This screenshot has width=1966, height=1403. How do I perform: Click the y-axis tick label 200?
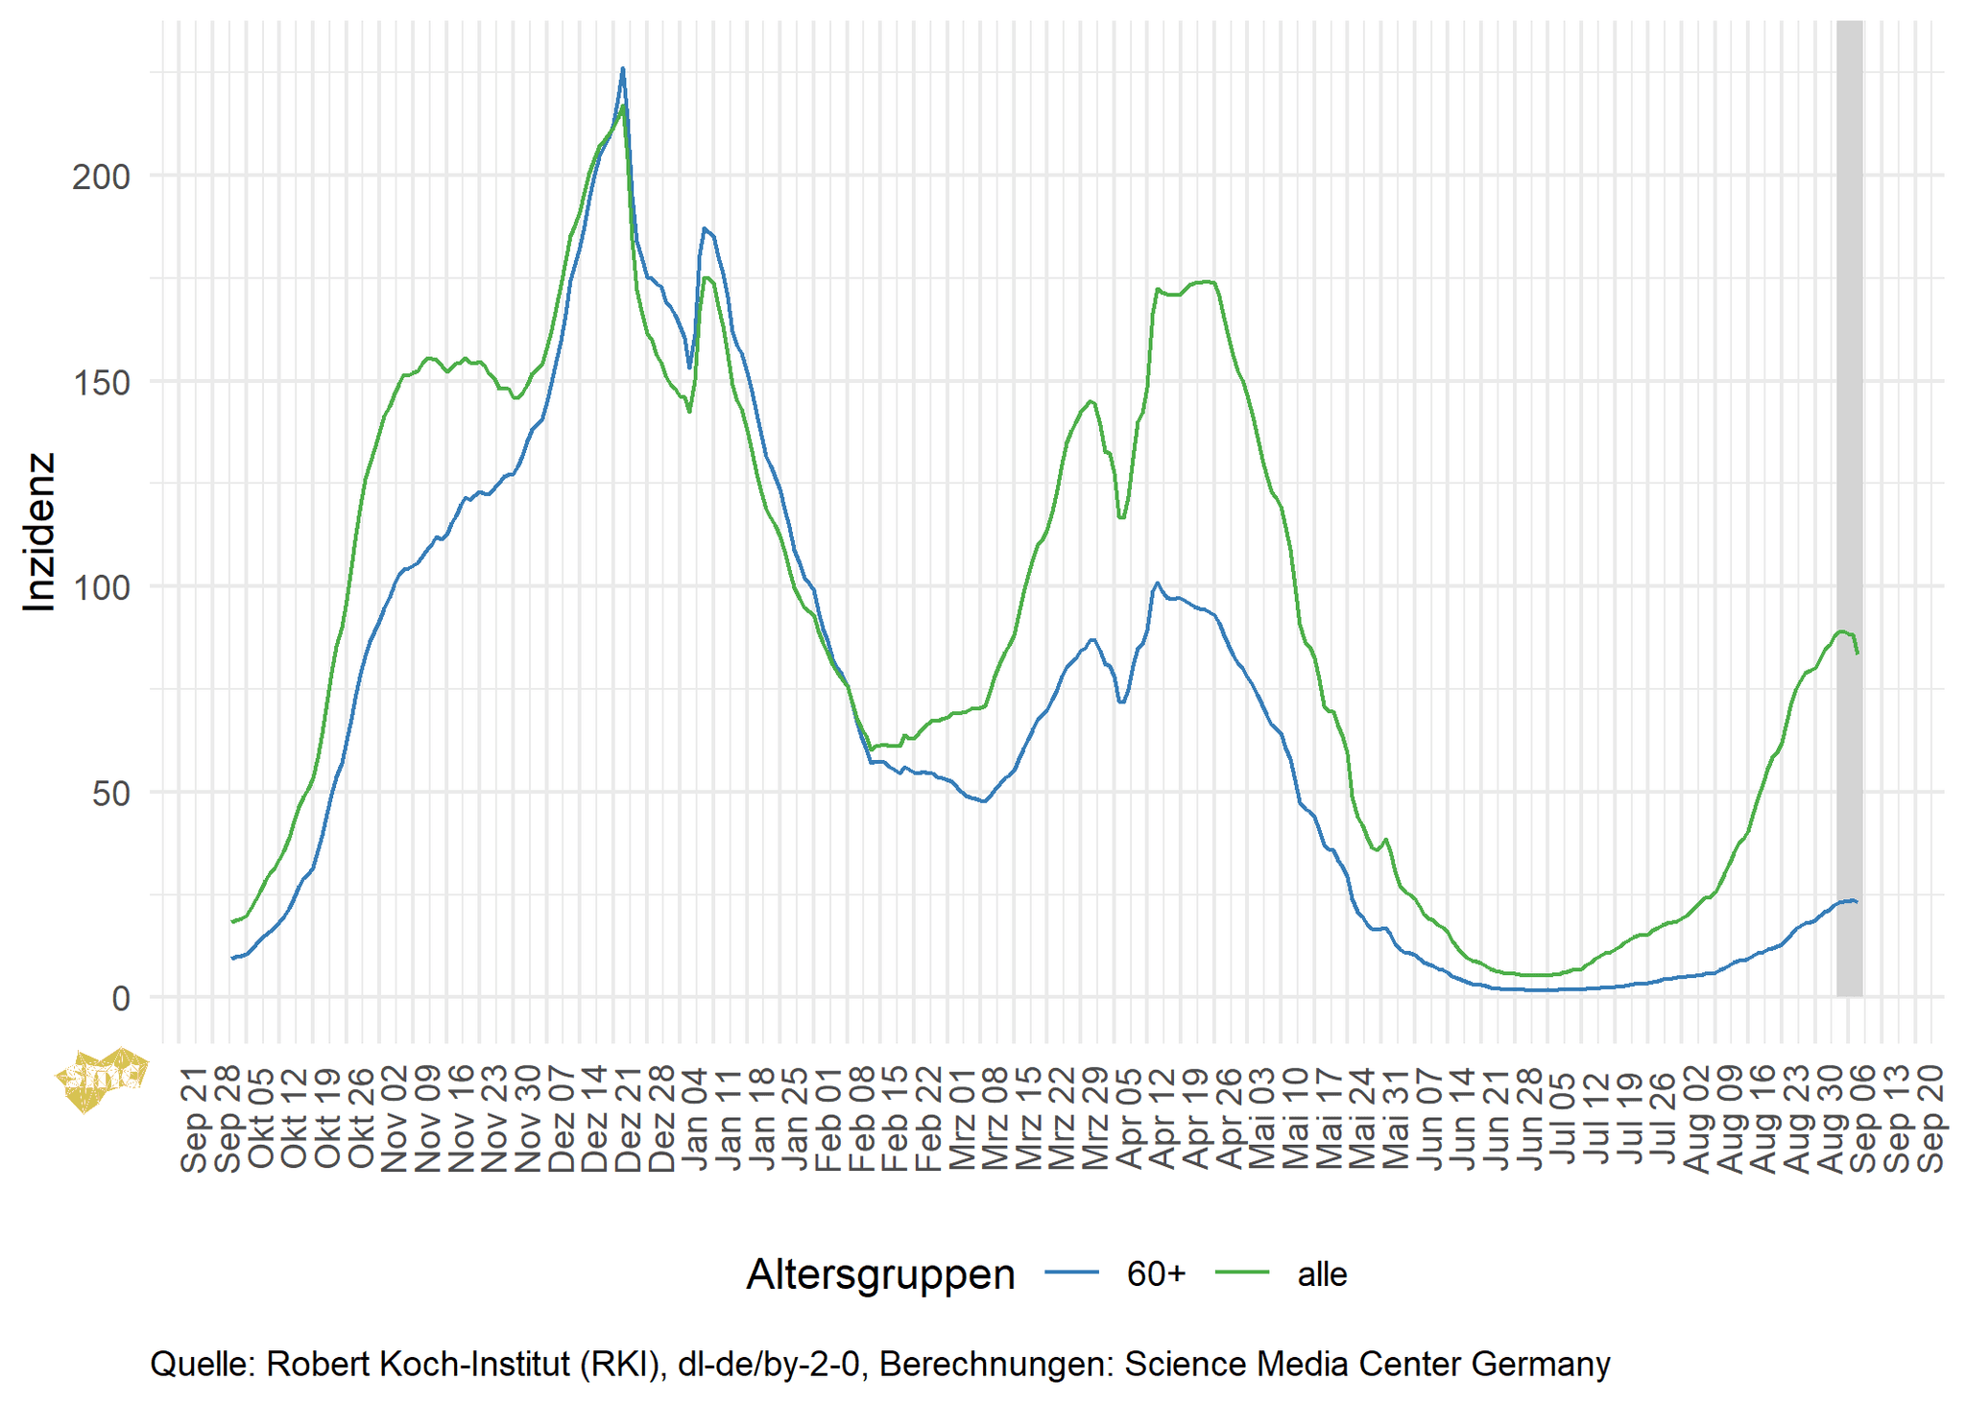click(101, 177)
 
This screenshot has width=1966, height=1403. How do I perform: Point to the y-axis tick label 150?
click(101, 382)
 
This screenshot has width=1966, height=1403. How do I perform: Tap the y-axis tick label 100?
click(101, 587)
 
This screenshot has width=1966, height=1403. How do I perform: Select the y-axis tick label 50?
click(112, 794)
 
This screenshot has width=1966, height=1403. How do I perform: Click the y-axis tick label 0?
click(121, 999)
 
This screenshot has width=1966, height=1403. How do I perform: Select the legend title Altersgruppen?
click(880, 1274)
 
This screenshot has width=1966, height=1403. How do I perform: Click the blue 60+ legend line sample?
click(1071, 1272)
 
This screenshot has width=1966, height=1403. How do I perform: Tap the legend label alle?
click(1322, 1274)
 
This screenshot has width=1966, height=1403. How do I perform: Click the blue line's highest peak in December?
click(622, 69)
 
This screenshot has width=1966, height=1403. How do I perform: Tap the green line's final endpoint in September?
click(1858, 654)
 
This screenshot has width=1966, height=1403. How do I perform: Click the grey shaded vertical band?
click(1849, 480)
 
